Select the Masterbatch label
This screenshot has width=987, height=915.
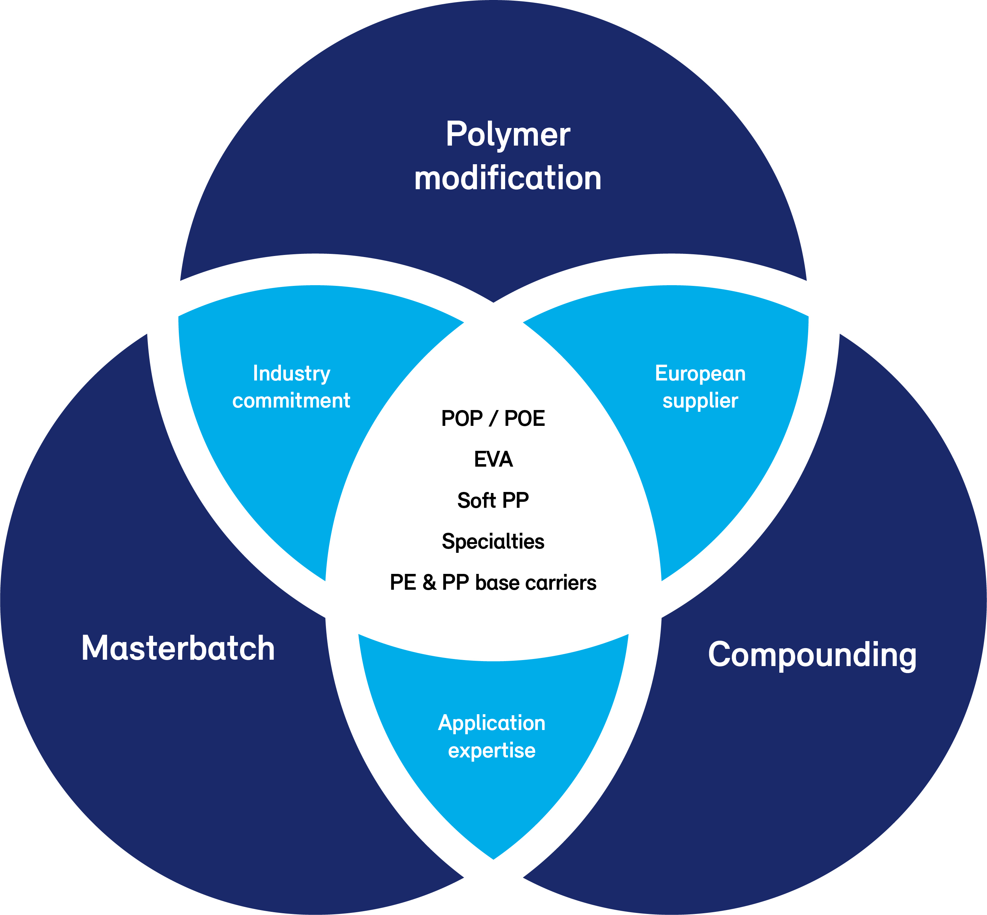tap(178, 648)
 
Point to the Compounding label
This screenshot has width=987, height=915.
tap(812, 655)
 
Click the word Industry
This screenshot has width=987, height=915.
tap(291, 374)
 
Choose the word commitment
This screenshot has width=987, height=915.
tap(291, 400)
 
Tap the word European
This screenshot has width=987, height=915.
tap(700, 373)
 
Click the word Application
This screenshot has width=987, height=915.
tap(491, 723)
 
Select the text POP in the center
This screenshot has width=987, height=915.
tap(462, 419)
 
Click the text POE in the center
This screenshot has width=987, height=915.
tap(525, 419)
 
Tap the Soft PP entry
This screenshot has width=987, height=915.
tap(493, 500)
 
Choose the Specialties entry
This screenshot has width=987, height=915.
tap(493, 542)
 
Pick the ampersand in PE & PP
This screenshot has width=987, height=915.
tap(429, 583)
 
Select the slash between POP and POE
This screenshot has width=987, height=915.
tap(493, 419)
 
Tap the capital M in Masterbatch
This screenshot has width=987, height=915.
tap(95, 648)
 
